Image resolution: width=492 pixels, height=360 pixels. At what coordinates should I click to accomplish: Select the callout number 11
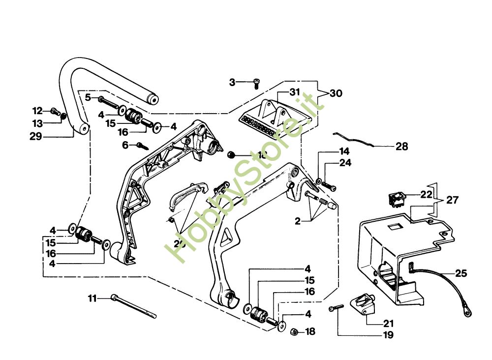tap(92, 298)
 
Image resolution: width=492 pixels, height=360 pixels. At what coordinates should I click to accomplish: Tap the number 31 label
tap(294, 92)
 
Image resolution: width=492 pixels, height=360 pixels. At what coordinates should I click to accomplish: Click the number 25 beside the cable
tap(461, 273)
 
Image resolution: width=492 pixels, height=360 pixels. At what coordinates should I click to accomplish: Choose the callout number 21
tap(388, 323)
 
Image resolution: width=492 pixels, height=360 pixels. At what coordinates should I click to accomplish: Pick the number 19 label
tap(388, 335)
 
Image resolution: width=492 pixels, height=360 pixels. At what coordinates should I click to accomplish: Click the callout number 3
tap(232, 82)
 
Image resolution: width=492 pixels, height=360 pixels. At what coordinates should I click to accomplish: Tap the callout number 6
tap(125, 145)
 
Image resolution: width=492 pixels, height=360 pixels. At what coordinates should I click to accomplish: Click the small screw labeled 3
tap(256, 84)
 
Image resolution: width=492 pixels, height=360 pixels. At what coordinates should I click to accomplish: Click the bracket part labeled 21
tap(365, 305)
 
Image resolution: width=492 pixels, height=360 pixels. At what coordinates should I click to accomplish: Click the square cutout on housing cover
tap(394, 227)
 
